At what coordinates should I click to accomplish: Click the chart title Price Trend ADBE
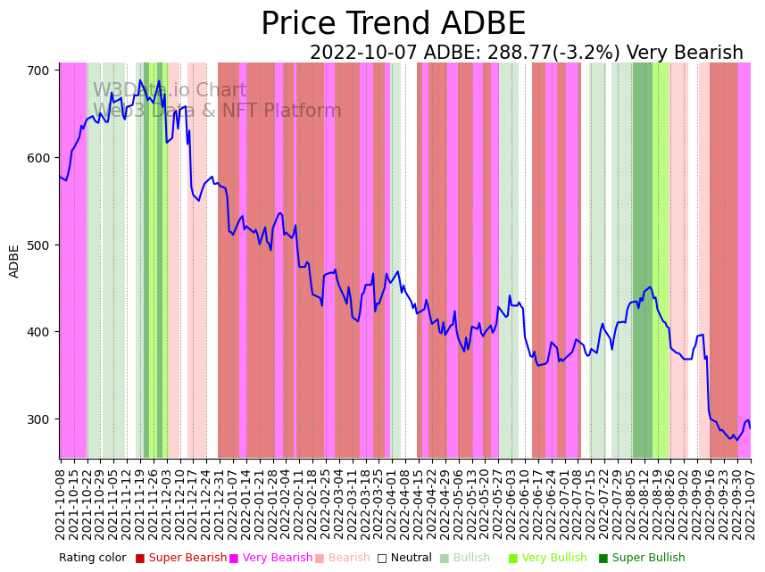point(393,24)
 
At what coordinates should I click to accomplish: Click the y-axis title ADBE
point(14,261)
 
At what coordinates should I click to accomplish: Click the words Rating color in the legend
point(93,558)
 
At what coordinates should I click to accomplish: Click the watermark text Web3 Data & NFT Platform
point(217,111)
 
